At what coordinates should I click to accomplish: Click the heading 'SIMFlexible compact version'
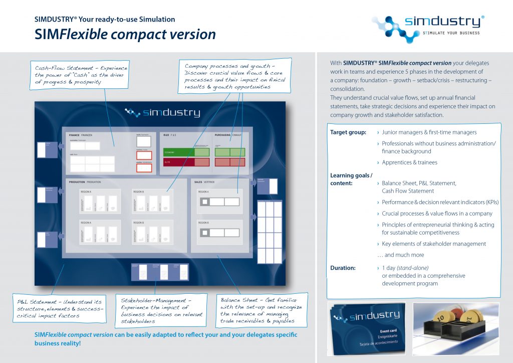coord(125,34)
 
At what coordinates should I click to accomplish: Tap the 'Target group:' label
coord(347,132)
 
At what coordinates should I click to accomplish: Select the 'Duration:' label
coord(343,268)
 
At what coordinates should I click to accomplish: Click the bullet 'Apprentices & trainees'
coord(409,162)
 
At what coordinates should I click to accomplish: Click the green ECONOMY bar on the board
coord(178,152)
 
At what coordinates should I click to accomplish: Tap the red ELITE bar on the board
coord(178,162)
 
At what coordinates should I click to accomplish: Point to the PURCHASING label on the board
coord(223,135)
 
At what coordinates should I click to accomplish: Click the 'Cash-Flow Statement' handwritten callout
coord(81,75)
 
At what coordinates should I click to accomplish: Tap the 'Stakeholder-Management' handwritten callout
coord(161,310)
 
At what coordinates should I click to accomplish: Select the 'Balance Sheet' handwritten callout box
coord(261,310)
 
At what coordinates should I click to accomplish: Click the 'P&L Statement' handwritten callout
coord(60,308)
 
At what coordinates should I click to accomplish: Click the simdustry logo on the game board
coord(163,113)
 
